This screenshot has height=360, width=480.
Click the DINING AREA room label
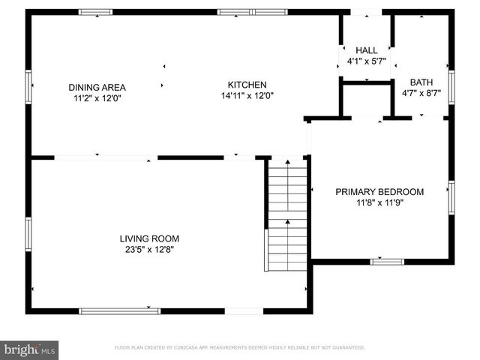[97, 87]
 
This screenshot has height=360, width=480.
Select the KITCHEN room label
[247, 85]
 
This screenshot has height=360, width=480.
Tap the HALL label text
[367, 49]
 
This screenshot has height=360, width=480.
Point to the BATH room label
[421, 82]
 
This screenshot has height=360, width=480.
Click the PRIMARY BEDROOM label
[379, 192]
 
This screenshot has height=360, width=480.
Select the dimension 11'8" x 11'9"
[379, 202]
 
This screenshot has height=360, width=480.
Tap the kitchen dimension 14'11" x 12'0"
[247, 96]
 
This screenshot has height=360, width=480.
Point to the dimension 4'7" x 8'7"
[421, 93]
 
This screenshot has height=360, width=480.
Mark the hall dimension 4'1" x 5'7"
[367, 61]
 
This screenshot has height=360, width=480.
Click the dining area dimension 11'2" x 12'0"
[97, 98]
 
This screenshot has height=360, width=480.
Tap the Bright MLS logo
[30, 349]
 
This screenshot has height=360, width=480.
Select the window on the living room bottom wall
[120, 310]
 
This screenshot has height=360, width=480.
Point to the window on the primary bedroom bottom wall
[387, 262]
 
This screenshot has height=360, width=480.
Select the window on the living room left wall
[29, 235]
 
